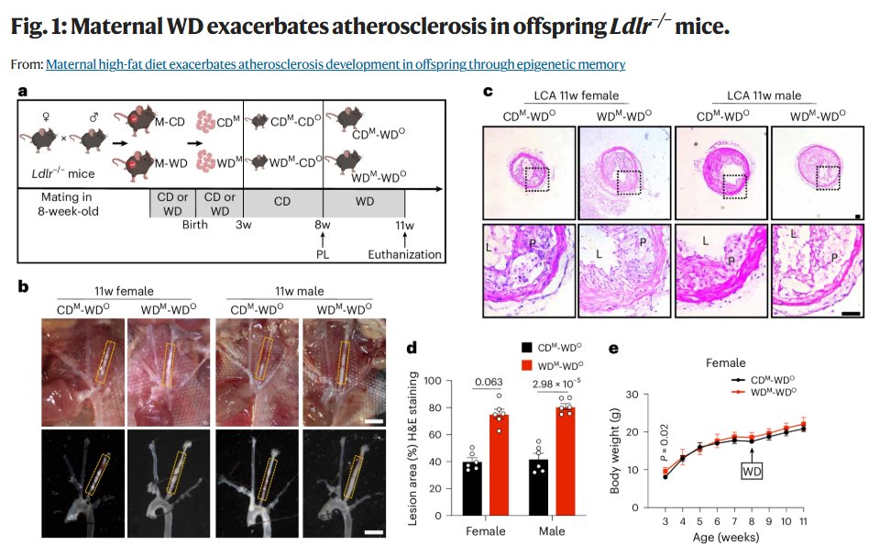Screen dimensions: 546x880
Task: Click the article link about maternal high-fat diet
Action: (x=335, y=64)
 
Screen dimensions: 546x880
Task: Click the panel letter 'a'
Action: (x=24, y=91)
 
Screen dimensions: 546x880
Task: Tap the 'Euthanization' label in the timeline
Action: (x=405, y=254)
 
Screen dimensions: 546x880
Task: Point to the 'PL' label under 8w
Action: (x=324, y=254)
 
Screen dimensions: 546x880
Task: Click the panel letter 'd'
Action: (x=411, y=348)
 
